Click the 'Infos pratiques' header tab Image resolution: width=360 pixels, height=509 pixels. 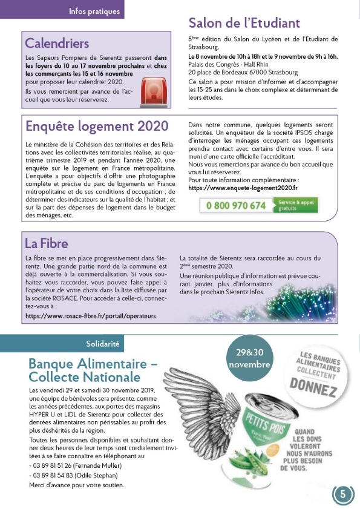(94, 11)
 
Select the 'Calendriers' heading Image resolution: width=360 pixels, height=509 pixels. (57, 43)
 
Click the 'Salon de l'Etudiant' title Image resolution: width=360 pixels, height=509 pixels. (244, 23)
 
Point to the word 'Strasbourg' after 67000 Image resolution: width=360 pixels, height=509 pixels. (275, 73)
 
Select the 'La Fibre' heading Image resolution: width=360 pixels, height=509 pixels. (46, 243)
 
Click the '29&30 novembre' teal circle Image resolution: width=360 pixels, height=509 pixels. (249, 359)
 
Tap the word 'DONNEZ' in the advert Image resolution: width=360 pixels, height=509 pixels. (313, 386)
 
